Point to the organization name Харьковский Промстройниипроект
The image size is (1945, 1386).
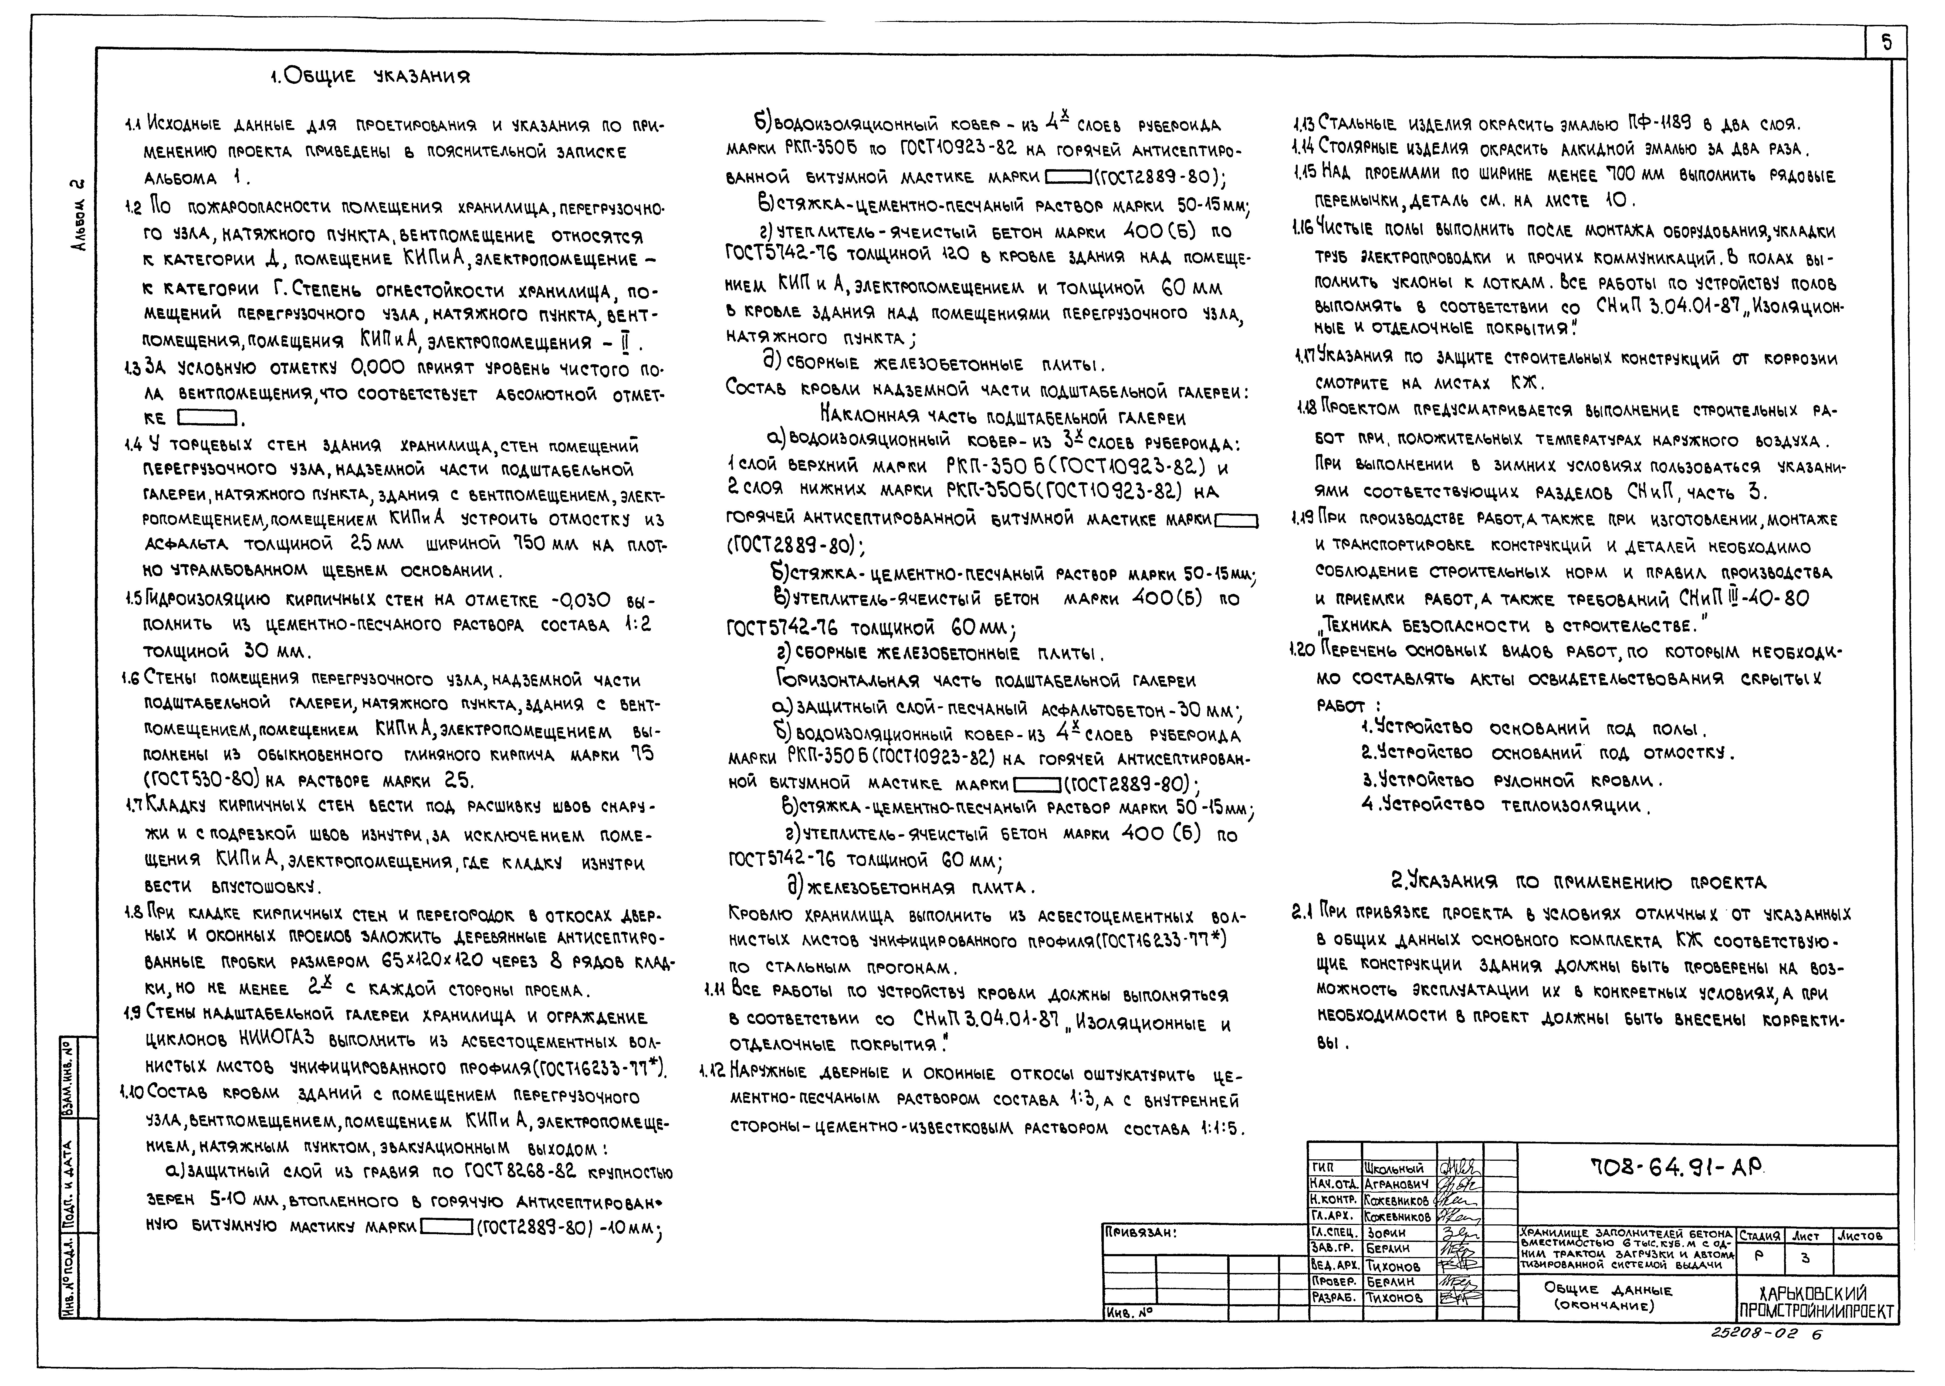point(1817,1302)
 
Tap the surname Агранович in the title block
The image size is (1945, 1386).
point(1396,1184)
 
